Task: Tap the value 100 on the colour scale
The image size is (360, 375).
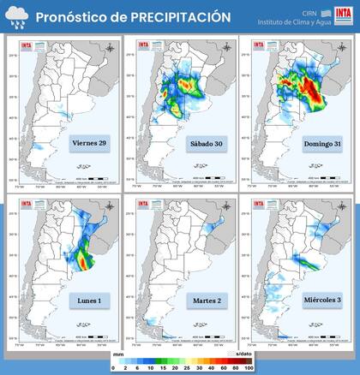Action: point(249,368)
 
